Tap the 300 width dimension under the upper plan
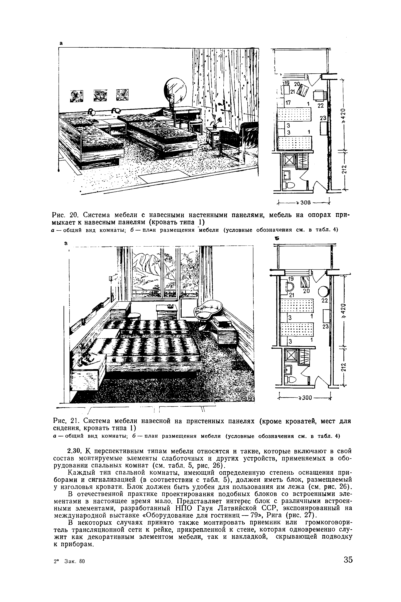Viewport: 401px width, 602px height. tap(306, 203)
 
